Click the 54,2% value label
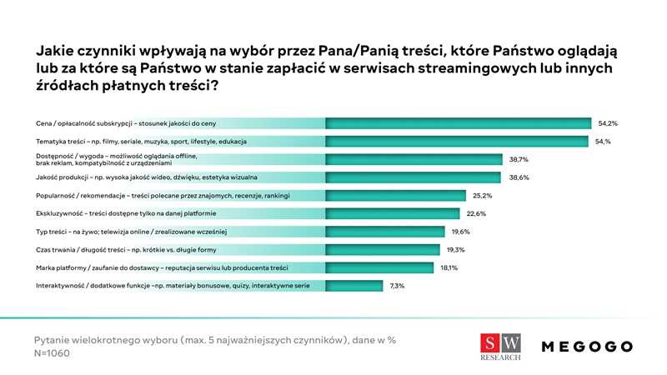pyautogui.click(x=607, y=122)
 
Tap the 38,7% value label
pyautogui.click(x=518, y=158)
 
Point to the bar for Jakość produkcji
pyautogui.click(x=413, y=177)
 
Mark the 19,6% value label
pyautogui.click(x=460, y=232)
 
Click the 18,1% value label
pyautogui.click(x=450, y=267)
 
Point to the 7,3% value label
pyautogui.click(x=398, y=286)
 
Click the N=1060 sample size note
pyautogui.click(x=52, y=353)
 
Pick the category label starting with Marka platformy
pyautogui.click(x=163, y=267)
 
